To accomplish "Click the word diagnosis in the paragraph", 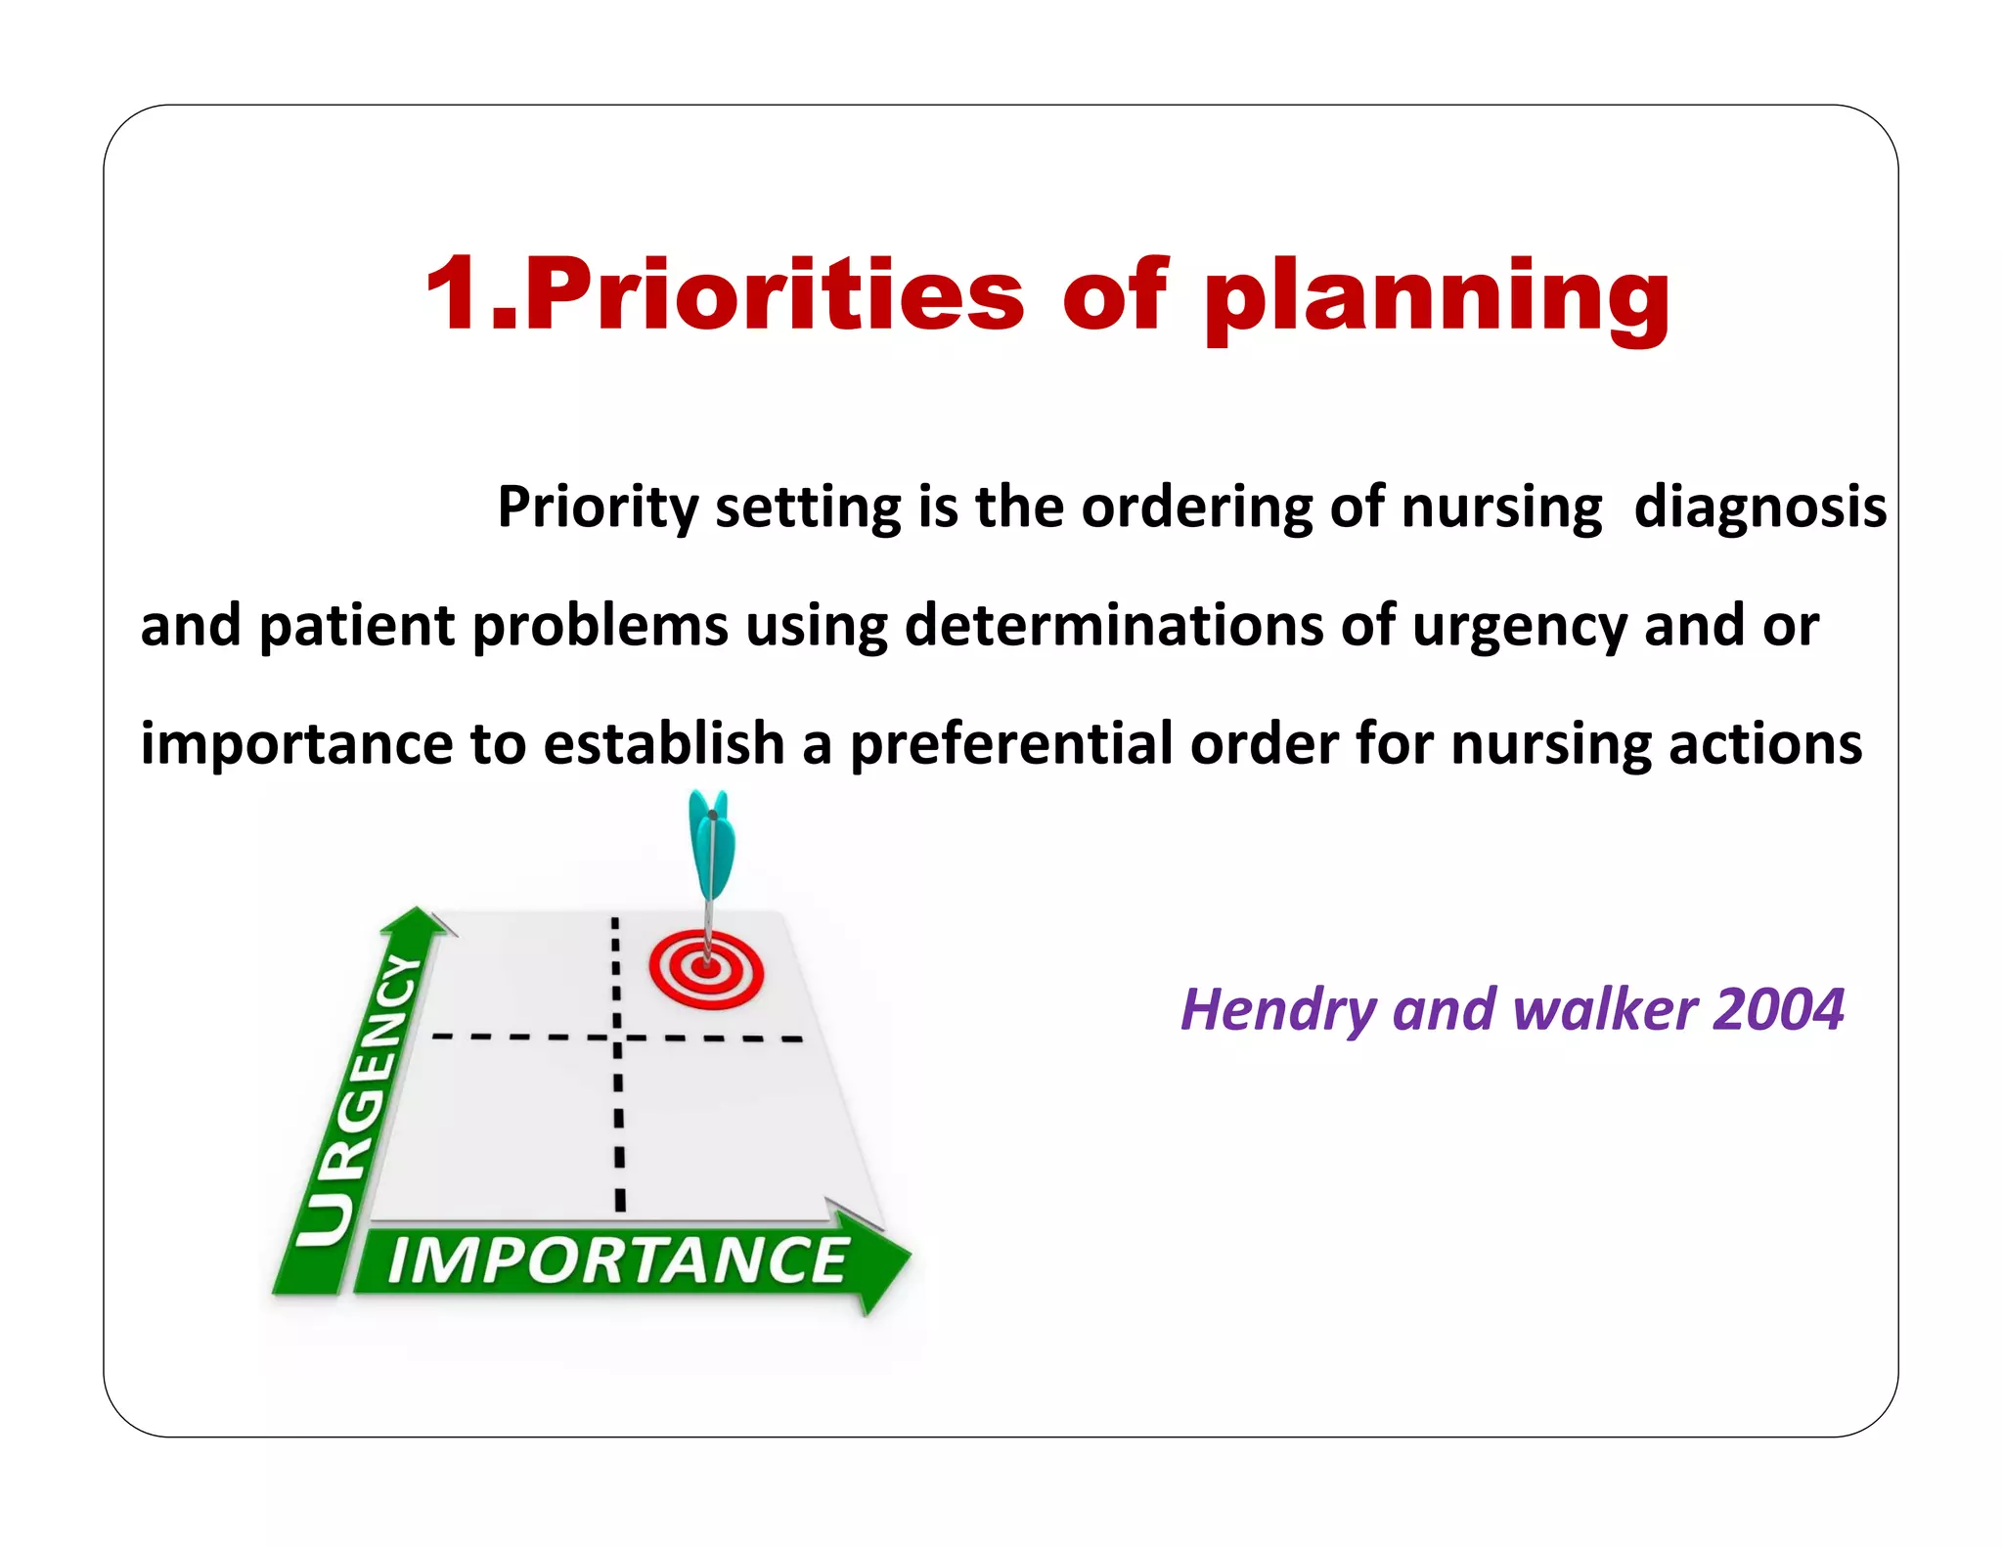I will click(1759, 508).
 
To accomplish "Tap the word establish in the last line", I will click(664, 743).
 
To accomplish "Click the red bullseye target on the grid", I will click(706, 969).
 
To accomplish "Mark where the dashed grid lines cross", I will click(617, 1038).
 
